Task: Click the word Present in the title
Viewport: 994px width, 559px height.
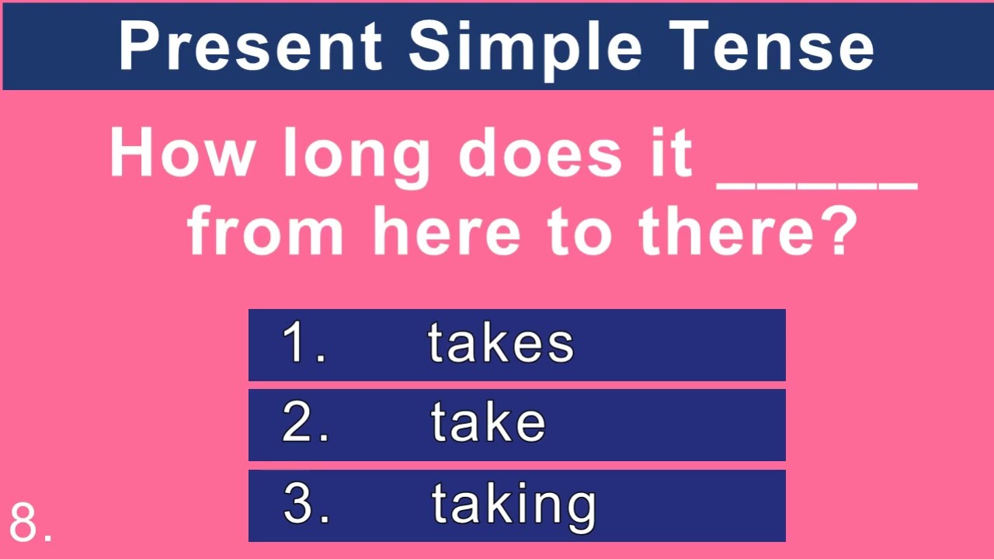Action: click(x=251, y=46)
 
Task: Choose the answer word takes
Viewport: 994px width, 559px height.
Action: click(x=501, y=344)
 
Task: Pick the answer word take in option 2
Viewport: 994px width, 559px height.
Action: click(x=488, y=424)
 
